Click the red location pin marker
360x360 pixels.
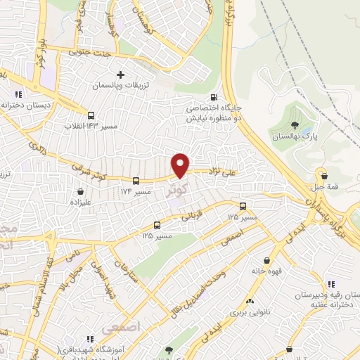pos(181,165)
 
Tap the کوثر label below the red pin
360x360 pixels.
pos(178,190)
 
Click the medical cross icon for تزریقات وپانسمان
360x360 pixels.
pos(120,74)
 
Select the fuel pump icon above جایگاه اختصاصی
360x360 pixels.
pos(214,98)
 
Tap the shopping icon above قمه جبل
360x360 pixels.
pos(322,175)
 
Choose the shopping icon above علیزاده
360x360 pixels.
pos(81,190)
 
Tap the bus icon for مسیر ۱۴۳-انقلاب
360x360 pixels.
pos(91,115)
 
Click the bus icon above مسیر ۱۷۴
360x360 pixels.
pos(136,180)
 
